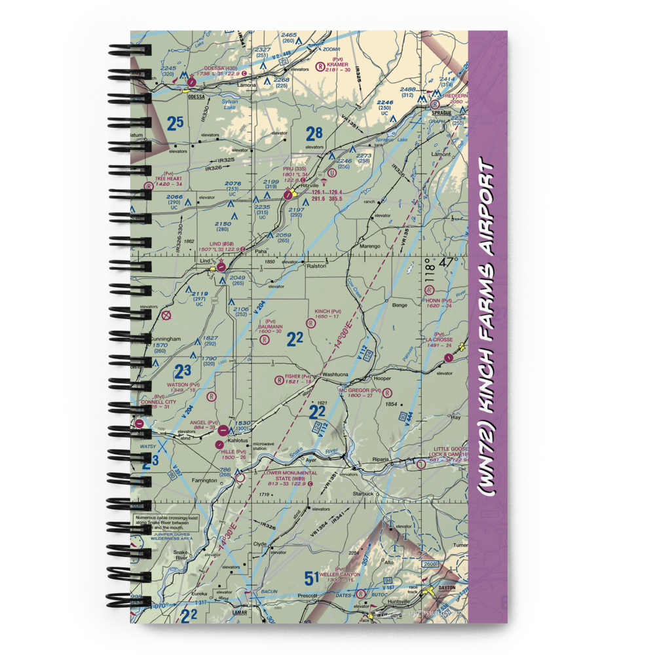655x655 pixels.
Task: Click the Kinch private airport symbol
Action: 310,321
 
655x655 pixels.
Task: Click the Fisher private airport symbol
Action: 279,379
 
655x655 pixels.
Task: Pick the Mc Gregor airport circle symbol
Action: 387,393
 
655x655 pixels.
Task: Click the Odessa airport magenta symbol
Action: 191,83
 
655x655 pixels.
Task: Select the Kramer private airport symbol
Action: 320,66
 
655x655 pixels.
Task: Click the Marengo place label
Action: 370,246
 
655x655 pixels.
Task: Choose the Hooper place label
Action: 382,379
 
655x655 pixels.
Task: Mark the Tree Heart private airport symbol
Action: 149,185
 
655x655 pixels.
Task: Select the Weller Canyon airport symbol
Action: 361,593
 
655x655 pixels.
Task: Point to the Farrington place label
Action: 204,480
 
